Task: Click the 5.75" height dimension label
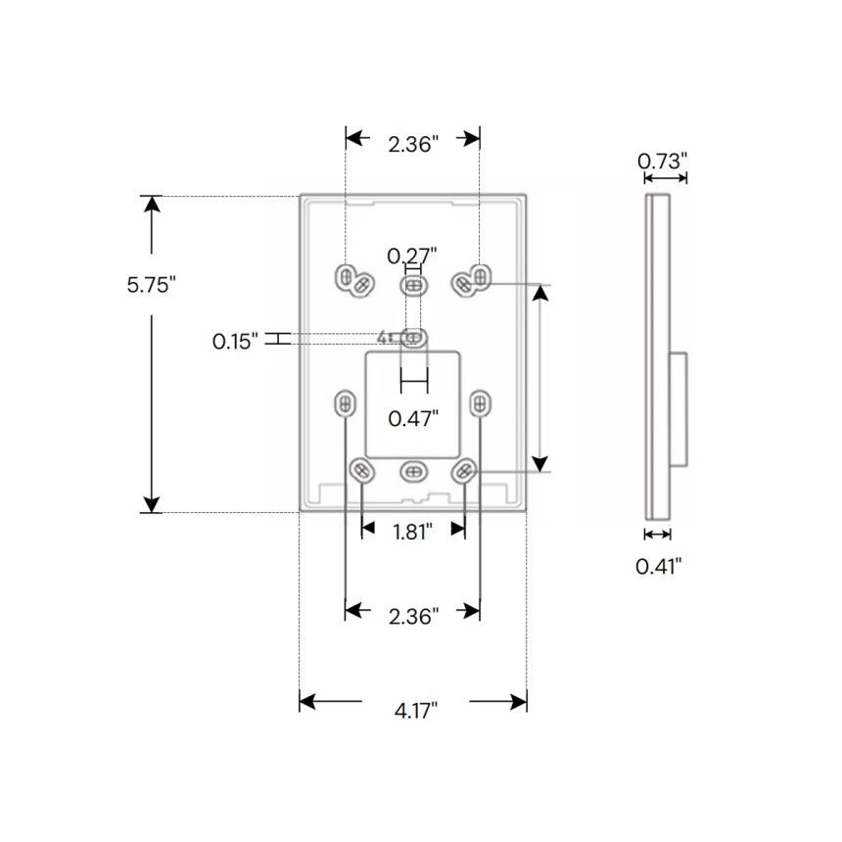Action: coord(151,286)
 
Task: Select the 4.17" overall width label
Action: coord(416,710)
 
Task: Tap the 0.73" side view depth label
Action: coord(663,161)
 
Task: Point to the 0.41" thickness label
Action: coord(658,565)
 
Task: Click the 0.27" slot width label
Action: coord(411,257)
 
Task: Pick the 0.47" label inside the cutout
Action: coord(412,418)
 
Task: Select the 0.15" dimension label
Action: coord(236,341)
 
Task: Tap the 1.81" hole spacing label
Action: coord(412,532)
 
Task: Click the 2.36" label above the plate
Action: coord(412,144)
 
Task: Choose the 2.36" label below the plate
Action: coord(412,615)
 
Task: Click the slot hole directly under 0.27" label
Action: coord(414,285)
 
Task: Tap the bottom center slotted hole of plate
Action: coord(412,471)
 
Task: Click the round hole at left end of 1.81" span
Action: coord(361,471)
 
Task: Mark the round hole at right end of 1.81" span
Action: coord(463,471)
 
